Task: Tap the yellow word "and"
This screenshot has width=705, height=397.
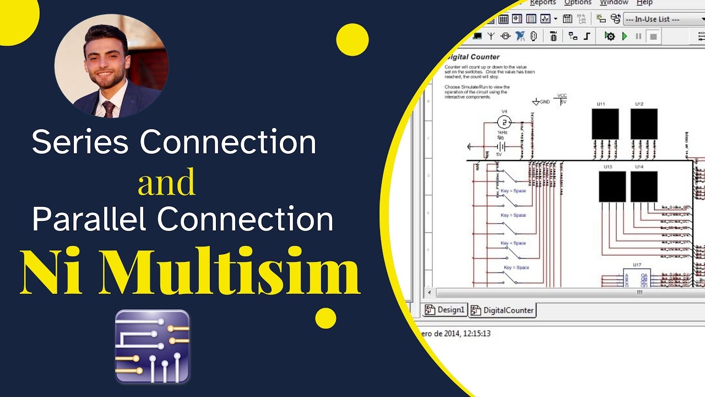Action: pos(166,183)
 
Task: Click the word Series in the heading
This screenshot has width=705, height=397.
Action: pos(80,142)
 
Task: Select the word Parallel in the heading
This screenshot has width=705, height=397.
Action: pos(90,219)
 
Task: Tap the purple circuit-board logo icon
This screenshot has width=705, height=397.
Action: pos(153,346)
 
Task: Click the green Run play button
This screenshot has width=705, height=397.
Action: pos(625,36)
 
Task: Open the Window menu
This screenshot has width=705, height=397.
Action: pos(614,3)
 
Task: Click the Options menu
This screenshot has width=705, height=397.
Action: pos(578,3)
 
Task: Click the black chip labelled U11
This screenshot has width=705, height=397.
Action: pos(605,124)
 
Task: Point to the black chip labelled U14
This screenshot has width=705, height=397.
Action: pos(643,186)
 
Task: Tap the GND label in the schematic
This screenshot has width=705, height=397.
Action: pos(544,102)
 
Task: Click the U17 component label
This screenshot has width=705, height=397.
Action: pos(637,265)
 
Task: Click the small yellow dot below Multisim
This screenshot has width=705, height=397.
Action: pos(326,318)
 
